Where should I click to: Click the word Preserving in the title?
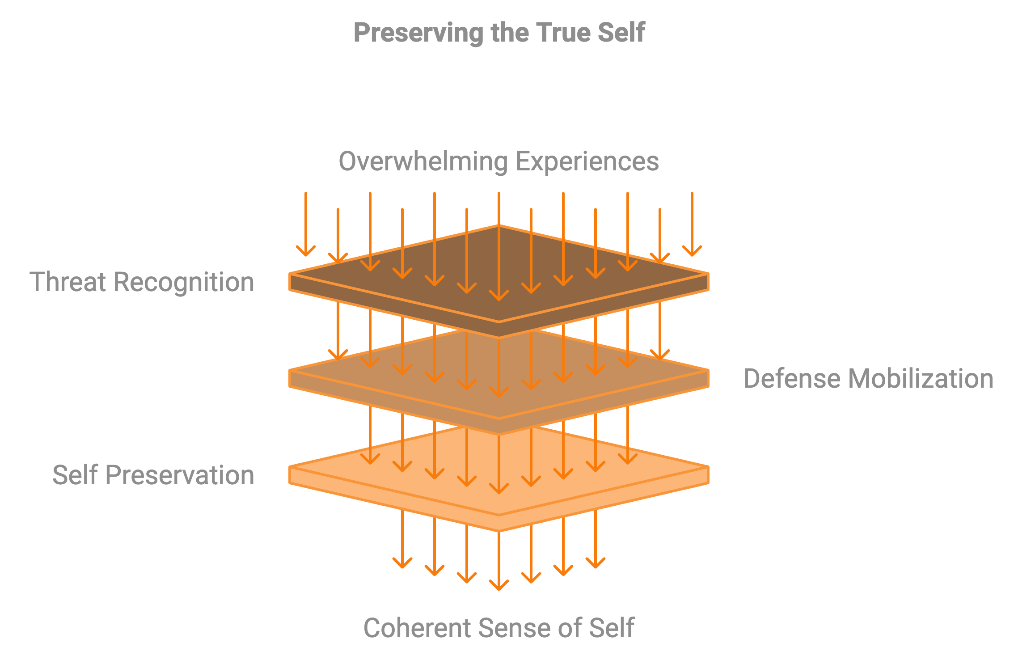tap(418, 33)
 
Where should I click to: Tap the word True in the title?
tap(563, 33)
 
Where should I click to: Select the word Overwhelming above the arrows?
tap(423, 161)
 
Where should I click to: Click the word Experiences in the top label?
tap(587, 161)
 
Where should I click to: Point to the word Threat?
tap(68, 282)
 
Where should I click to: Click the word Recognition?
tap(184, 282)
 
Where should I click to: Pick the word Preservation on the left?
tap(180, 475)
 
